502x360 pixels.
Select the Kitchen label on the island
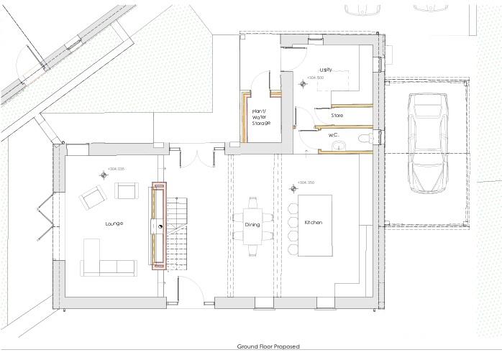tap(314, 223)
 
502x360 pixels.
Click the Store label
tap(337, 115)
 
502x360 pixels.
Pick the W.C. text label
tap(334, 134)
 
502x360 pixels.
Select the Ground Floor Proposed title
tap(268, 346)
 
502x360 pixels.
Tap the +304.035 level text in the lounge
tap(116, 170)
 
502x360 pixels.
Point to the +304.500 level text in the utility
tap(315, 78)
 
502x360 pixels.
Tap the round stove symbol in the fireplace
tap(160, 226)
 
